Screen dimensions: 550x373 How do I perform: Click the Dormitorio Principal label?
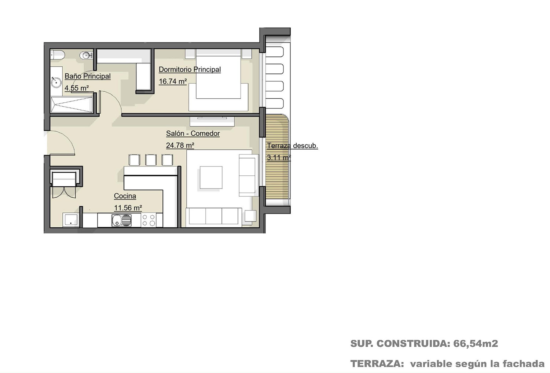coord(190,69)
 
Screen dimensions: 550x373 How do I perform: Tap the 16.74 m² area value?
coord(173,81)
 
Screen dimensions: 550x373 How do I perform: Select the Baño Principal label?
coord(88,76)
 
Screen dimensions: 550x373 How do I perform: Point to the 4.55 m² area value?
coord(77,88)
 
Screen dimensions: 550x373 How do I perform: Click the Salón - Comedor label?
coord(193,134)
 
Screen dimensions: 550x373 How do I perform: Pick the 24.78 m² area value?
coord(180,145)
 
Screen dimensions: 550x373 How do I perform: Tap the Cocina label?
coord(125,196)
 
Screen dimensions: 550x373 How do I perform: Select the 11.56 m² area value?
coord(128,208)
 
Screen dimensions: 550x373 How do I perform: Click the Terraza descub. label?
coord(293,146)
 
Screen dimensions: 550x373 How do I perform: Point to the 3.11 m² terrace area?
coord(279,157)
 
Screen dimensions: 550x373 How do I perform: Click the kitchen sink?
coord(121,220)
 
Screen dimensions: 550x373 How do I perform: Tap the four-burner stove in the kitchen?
coord(148,220)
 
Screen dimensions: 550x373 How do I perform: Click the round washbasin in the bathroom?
coord(56,82)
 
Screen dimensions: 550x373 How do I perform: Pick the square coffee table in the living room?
coord(211,178)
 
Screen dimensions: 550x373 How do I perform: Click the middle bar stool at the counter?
coord(151,160)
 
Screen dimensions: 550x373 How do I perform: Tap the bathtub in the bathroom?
coord(72,105)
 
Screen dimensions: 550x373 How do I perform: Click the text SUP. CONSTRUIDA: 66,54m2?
coord(424,344)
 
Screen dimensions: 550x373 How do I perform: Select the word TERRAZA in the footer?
coord(377,364)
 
